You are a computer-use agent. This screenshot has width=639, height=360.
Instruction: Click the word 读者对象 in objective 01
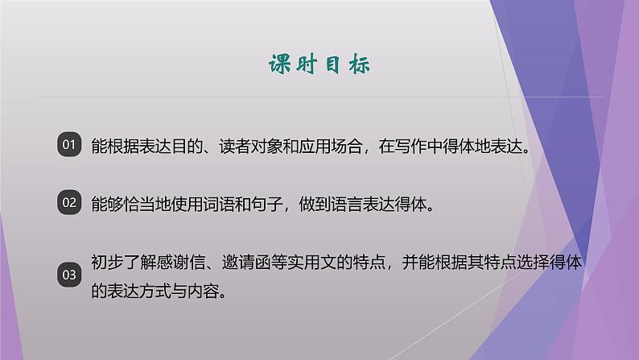click(x=243, y=147)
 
